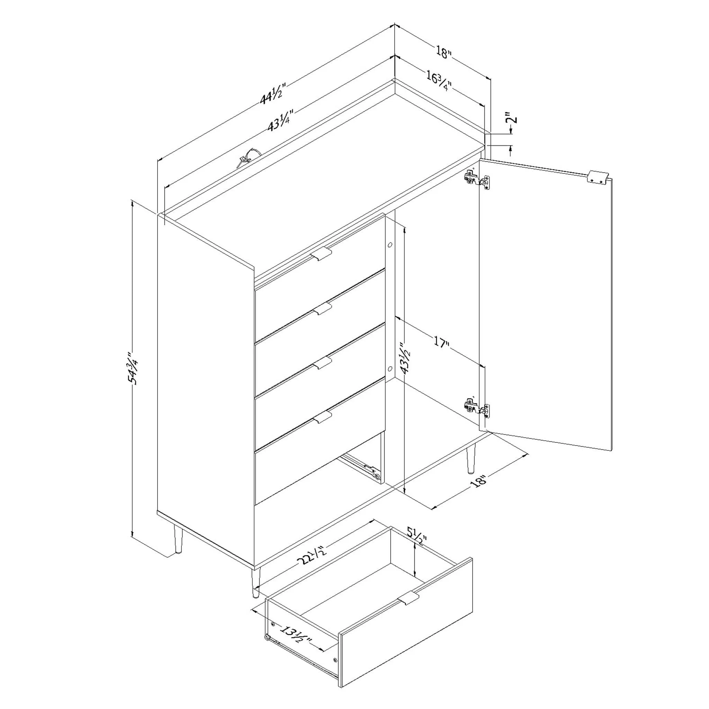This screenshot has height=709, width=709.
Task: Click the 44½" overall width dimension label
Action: (x=272, y=94)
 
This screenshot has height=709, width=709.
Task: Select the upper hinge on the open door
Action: (x=477, y=179)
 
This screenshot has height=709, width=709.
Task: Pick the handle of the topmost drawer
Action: (x=321, y=253)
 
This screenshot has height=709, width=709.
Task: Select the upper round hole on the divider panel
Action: (x=390, y=245)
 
